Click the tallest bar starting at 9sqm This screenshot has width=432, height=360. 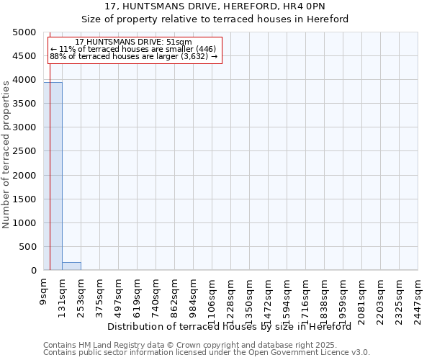pos(53,176)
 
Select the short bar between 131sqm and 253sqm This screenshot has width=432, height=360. pos(71,266)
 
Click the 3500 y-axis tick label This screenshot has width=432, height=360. pos(22,104)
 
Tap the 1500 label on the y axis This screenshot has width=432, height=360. pos(22,199)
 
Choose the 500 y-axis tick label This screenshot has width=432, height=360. pos(27,247)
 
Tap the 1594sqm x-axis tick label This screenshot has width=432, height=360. pos(287,297)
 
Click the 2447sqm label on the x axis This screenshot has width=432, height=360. pos(418,297)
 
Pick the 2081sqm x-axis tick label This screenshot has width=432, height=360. pos(362,297)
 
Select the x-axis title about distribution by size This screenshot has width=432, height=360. pos(234,326)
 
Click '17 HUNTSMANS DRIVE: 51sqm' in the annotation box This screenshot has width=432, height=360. pos(133,42)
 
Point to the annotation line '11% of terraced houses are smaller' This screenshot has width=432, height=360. pos(133,49)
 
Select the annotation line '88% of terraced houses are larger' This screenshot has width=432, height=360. pos(133,56)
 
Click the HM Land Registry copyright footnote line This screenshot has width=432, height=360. pos(189,345)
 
